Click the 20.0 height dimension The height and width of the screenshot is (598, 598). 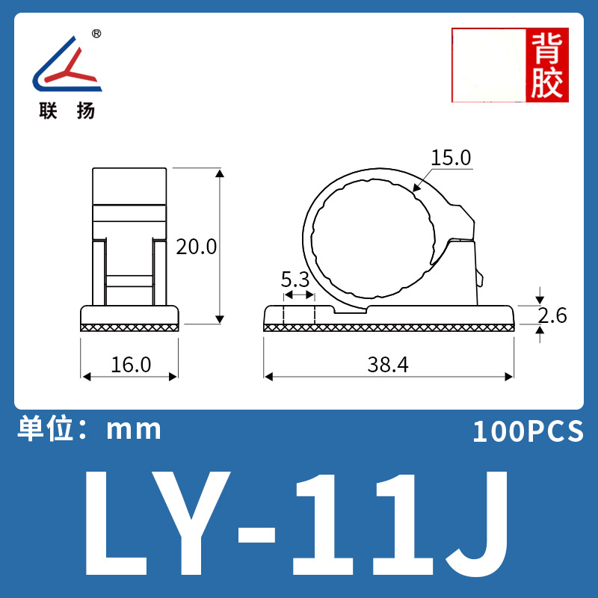[x=196, y=247]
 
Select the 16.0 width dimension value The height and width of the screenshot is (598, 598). [x=131, y=364]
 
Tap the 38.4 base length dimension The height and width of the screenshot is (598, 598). [x=388, y=364]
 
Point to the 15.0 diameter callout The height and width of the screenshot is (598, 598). [x=451, y=158]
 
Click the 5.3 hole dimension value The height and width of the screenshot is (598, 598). [x=295, y=280]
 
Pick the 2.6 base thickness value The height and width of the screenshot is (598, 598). [x=552, y=315]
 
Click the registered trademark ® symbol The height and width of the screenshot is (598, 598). [x=96, y=34]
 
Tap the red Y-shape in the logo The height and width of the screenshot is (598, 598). [x=71, y=67]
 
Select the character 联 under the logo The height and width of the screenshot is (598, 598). [x=49, y=111]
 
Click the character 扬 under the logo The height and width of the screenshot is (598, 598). [x=86, y=111]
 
